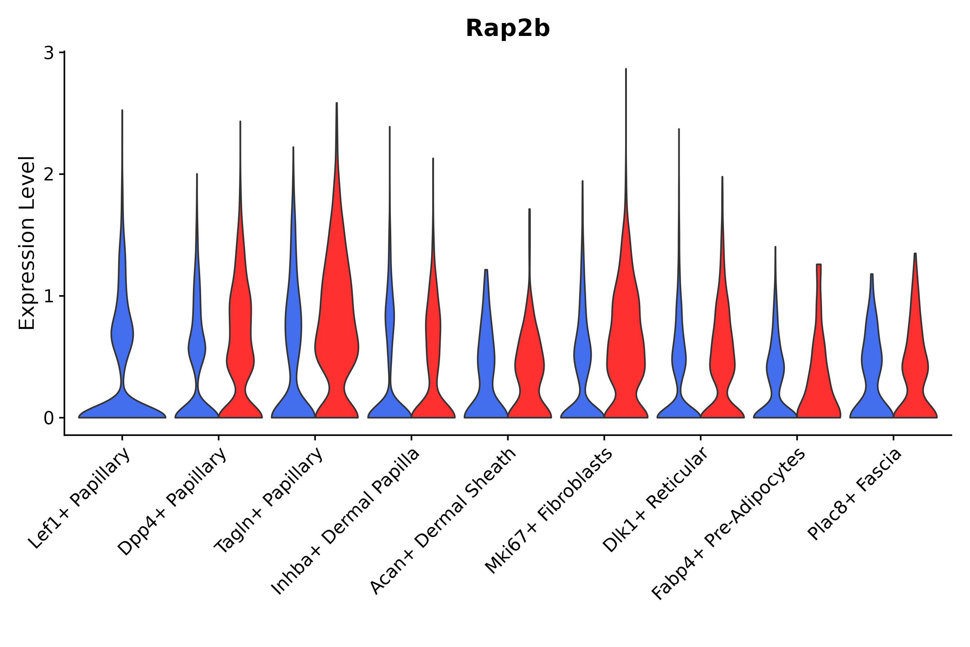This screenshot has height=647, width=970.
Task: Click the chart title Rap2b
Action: [507, 29]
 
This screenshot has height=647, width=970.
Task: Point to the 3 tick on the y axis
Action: [48, 53]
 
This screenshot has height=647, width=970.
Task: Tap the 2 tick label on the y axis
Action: [48, 175]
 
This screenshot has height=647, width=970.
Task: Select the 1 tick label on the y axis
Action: [48, 296]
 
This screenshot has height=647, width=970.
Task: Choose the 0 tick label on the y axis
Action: [48, 418]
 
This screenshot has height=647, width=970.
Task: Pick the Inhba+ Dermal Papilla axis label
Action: [346, 522]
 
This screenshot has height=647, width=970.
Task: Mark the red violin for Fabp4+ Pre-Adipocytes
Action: [819, 371]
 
